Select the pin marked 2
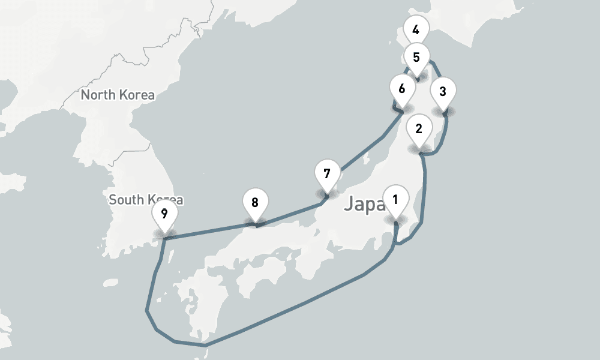pyautogui.click(x=419, y=128)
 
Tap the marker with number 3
pyautogui.click(x=443, y=92)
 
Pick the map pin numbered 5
pyautogui.click(x=416, y=58)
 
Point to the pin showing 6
pyautogui.click(x=402, y=88)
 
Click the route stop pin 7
pyautogui.click(x=327, y=175)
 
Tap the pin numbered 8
pyautogui.click(x=255, y=203)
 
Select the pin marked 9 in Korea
pyautogui.click(x=164, y=212)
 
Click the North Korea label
pyautogui.click(x=118, y=95)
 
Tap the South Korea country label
pyautogui.click(x=146, y=199)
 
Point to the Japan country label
pyautogui.click(x=364, y=205)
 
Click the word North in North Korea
pyautogui.click(x=99, y=95)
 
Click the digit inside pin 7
pyautogui.click(x=327, y=174)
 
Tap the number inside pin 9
pyautogui.click(x=164, y=212)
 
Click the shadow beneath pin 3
pyautogui.click(x=443, y=112)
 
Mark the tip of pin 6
pyautogui.click(x=402, y=110)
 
